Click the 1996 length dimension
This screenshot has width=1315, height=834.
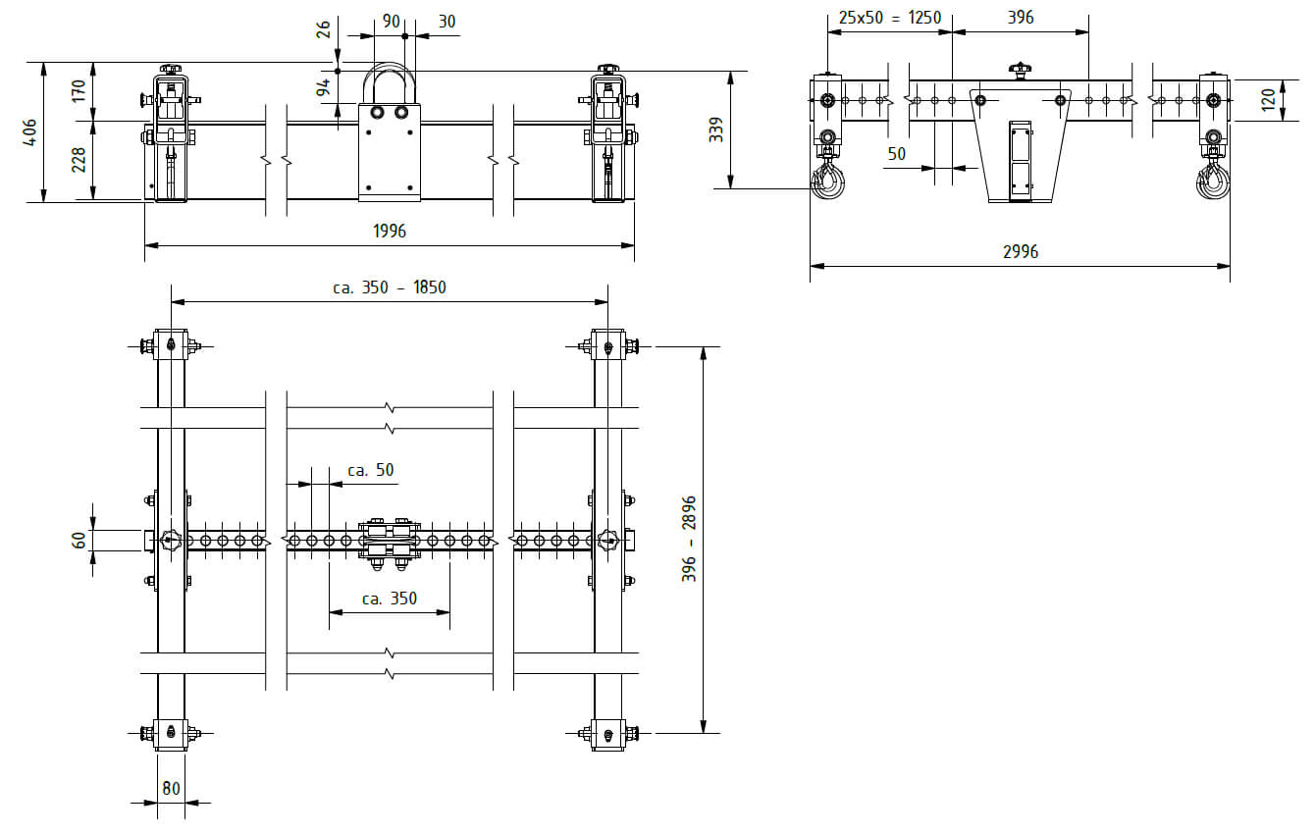[x=390, y=231]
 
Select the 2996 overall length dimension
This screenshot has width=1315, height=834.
[x=1021, y=251]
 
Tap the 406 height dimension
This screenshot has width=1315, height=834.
[x=29, y=132]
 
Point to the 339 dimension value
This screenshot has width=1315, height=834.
[x=715, y=130]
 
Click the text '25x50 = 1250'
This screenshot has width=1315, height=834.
[x=890, y=18]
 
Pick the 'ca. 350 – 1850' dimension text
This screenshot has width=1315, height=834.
[x=390, y=287]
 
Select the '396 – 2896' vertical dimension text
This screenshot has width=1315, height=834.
[x=689, y=539]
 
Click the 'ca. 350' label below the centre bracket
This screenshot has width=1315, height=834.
[x=390, y=599]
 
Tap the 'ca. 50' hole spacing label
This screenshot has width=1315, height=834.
[x=370, y=470]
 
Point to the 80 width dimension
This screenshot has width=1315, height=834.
[x=171, y=788]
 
